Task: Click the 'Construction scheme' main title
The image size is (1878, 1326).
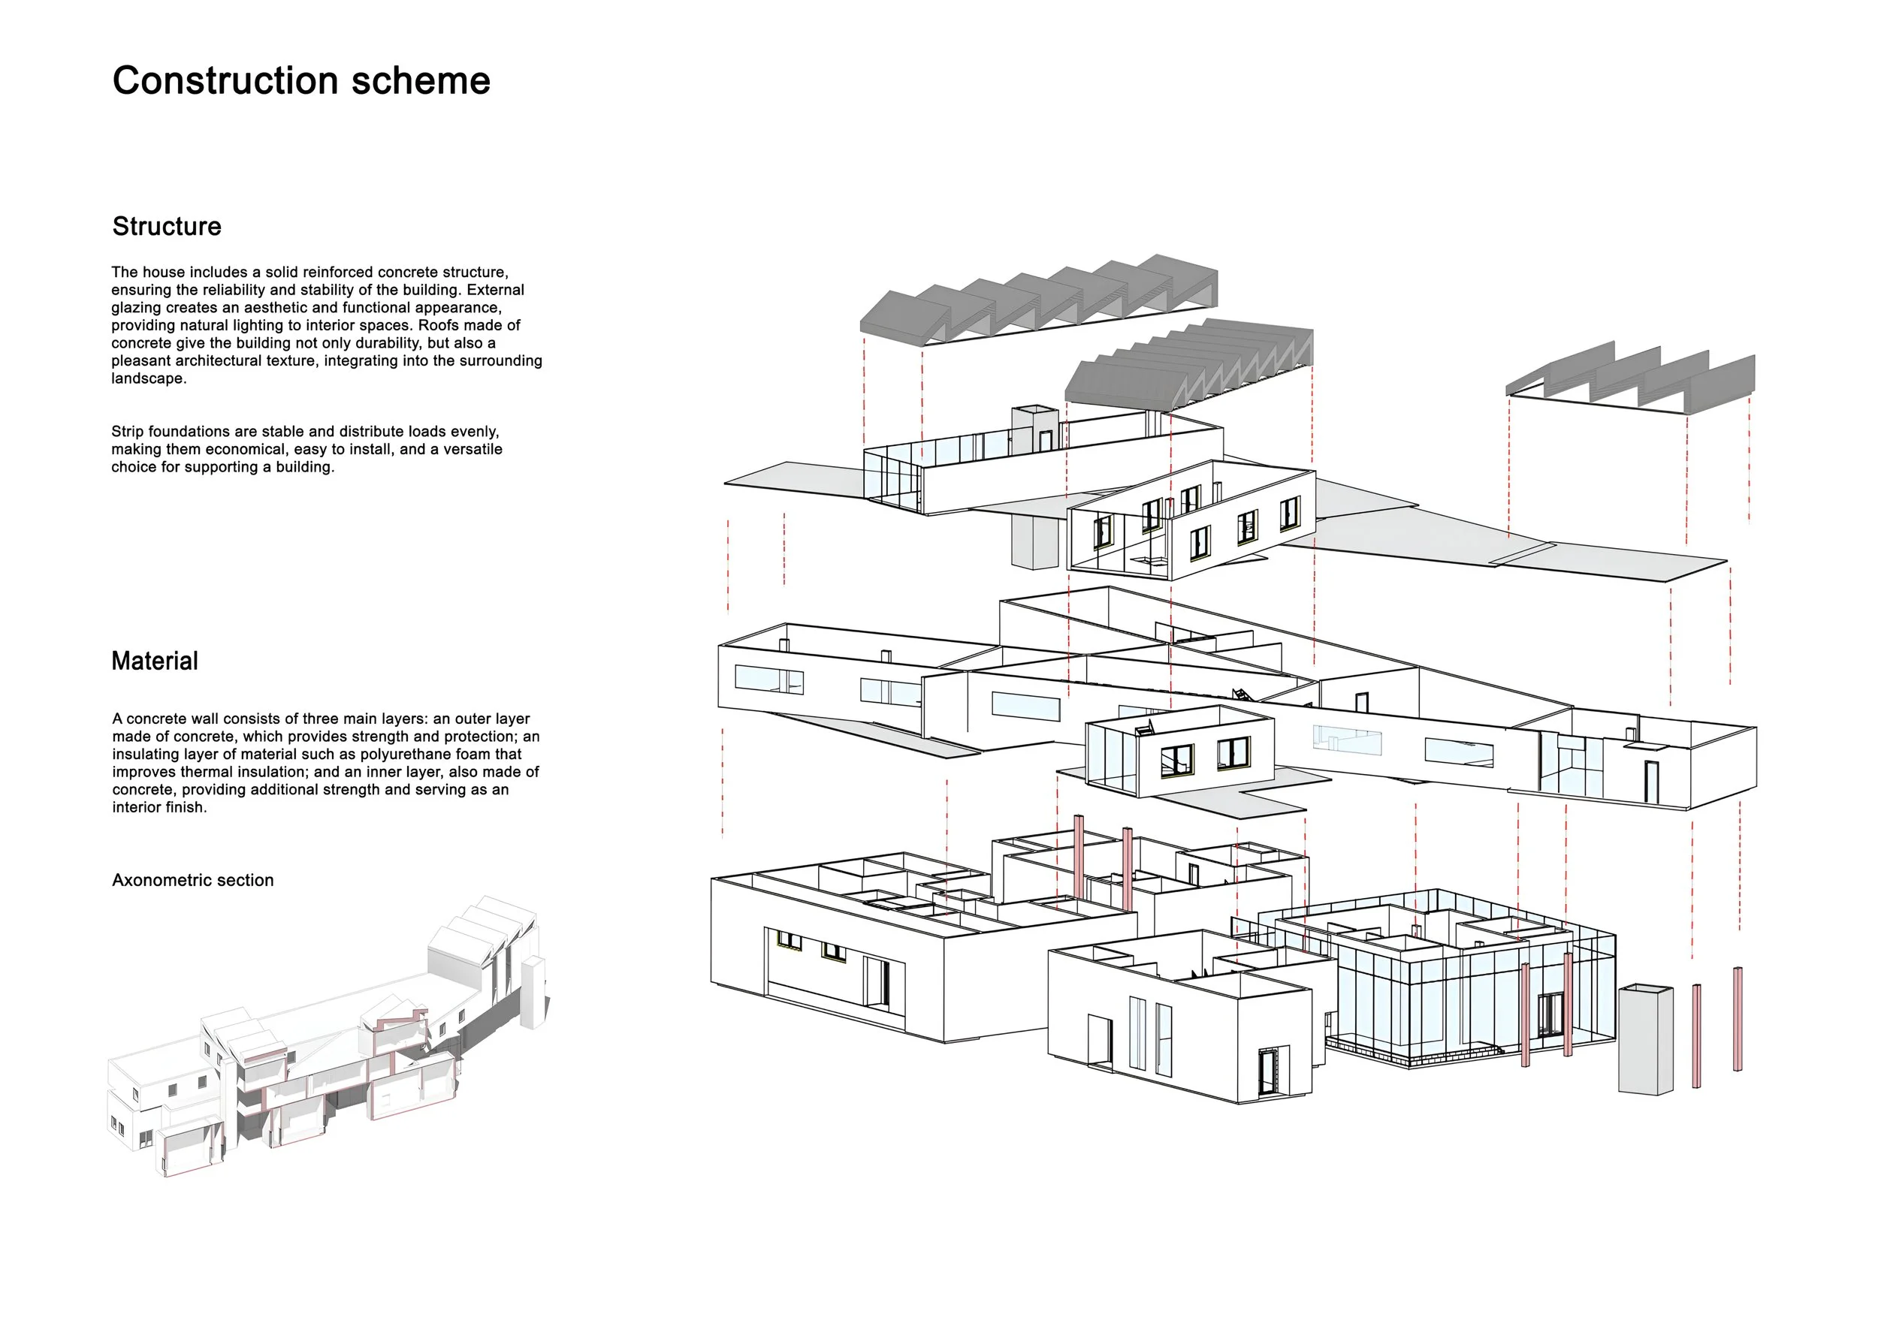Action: pos(301,81)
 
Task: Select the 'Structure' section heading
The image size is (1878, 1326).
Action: pos(167,227)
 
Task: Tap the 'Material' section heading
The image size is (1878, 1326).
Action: pos(155,661)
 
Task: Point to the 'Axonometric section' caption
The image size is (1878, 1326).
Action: pos(193,881)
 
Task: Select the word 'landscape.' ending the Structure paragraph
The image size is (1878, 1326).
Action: pos(149,378)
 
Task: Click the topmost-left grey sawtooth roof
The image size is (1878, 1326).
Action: pos(1039,303)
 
